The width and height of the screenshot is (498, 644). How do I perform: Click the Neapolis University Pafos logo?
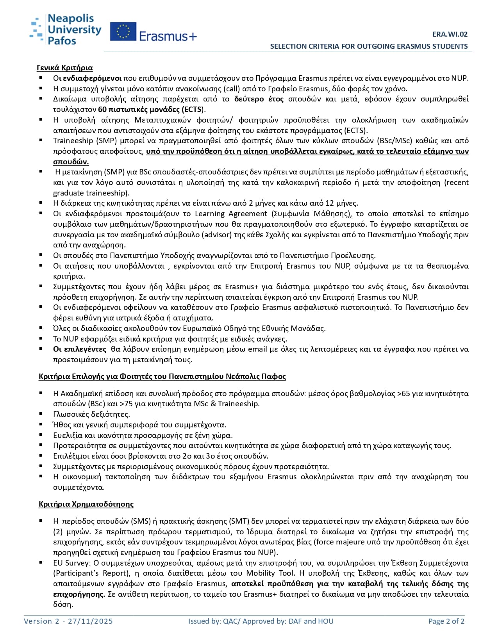coord(65,29)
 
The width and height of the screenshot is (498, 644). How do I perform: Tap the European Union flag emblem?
coord(123,32)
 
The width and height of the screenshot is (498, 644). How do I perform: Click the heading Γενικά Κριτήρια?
coord(65,68)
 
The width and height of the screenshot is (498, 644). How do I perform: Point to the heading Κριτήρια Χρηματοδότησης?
coord(86,504)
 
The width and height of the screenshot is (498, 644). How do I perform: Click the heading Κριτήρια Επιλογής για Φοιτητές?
coord(162,376)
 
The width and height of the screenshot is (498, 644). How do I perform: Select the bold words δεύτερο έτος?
coord(259,99)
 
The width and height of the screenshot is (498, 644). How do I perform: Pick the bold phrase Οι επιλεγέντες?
coord(80,349)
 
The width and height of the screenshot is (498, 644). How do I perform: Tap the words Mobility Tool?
coord(270,573)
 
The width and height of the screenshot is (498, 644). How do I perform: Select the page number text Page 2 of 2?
coord(446,621)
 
